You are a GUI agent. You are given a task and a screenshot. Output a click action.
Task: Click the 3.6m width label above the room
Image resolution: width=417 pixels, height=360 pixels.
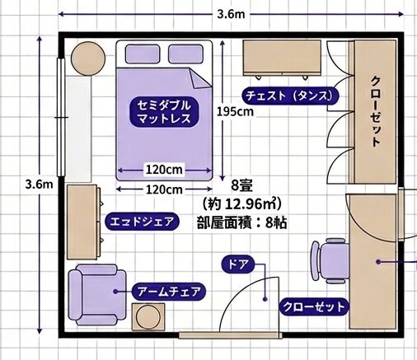coord(231,14)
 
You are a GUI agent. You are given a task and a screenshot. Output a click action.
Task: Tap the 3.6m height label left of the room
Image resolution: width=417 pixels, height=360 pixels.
coord(39,185)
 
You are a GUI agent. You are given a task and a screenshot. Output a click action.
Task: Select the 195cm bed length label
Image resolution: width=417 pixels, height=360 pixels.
coord(235,112)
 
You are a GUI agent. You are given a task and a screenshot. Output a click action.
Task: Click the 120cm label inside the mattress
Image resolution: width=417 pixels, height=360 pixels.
coord(164,170)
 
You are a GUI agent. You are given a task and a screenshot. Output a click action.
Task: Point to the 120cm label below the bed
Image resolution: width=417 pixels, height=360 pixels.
coord(164,189)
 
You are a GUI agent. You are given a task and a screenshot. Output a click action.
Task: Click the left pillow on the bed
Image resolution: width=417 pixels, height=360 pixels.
coord(143,54)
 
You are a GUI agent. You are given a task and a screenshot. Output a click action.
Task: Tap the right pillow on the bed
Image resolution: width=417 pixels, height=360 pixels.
coord(185,54)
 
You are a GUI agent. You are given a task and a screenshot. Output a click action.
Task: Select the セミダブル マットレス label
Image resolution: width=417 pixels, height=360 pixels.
coord(164,112)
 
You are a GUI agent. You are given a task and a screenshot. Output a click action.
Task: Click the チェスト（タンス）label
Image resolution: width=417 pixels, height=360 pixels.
coord(290,96)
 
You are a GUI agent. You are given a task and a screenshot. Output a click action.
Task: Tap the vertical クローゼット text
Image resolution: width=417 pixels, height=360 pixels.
coord(376,111)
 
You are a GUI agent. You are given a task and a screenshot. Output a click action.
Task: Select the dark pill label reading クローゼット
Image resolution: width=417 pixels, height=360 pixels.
coord(314,306)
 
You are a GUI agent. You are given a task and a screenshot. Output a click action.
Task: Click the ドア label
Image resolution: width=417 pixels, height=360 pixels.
coord(238,264)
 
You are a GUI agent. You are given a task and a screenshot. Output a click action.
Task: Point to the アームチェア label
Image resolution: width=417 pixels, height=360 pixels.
coord(169,292)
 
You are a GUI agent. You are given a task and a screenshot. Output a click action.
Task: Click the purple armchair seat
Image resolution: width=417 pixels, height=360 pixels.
coord(97,295)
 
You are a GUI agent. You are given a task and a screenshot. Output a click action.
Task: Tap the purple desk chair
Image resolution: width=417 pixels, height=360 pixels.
coord(330,261)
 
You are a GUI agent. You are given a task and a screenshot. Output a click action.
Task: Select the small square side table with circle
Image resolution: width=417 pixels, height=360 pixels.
coord(148,317)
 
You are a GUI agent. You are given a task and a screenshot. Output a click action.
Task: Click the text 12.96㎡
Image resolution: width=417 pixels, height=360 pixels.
coord(247,203)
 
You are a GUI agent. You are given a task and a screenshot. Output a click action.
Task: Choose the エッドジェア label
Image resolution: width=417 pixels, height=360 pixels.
coord(143,222)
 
